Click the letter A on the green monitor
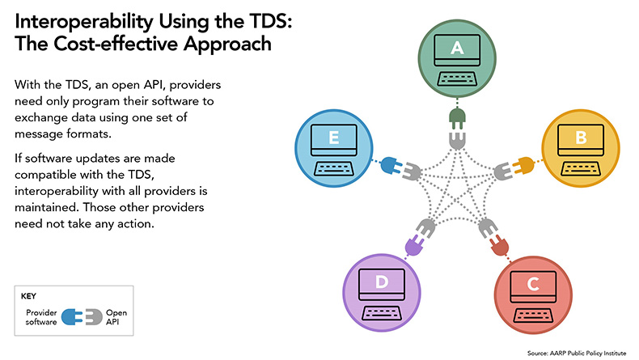tap(457, 48)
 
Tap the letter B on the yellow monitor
tap(581, 138)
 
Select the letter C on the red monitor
tap(533, 284)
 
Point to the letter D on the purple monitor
tap(382, 282)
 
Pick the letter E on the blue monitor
tap(334, 138)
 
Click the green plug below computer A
tap(457, 119)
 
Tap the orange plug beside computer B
tap(523, 166)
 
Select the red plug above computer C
tap(499, 246)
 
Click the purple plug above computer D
tap(415, 244)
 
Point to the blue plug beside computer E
tap(391, 166)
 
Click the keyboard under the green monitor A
tap(457, 78)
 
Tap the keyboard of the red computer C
tap(533, 316)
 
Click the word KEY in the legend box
tap(28, 296)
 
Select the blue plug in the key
tap(72, 317)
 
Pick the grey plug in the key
tap(94, 317)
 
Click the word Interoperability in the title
tap(84, 22)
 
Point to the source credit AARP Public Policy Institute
tap(588, 353)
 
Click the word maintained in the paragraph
tap(46, 207)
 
